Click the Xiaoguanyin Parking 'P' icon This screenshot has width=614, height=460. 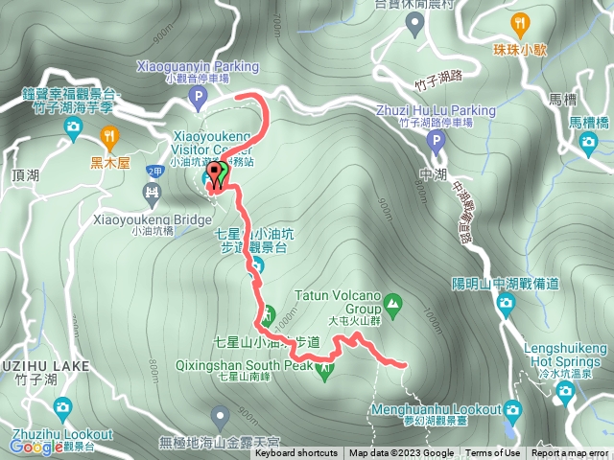[x=198, y=97]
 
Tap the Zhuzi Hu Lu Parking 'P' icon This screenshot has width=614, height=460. [x=437, y=144]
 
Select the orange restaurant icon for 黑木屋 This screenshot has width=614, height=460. [x=107, y=135]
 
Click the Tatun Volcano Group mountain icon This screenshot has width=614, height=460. [x=392, y=306]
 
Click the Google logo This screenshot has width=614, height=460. [x=37, y=447]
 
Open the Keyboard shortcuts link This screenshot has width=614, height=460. [x=295, y=453]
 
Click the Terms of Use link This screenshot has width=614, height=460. [x=493, y=453]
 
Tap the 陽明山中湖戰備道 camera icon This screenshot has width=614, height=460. [x=507, y=305]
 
